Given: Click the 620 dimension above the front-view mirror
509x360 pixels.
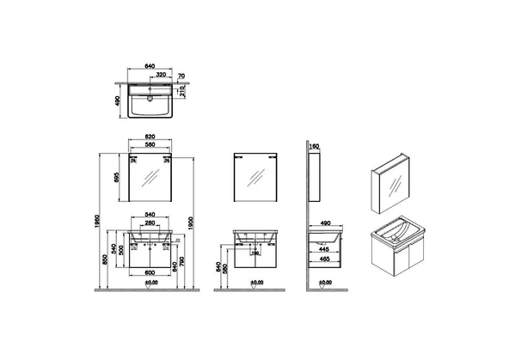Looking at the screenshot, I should pyautogui.click(x=151, y=137).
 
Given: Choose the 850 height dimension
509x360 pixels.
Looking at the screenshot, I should pyautogui.click(x=106, y=260).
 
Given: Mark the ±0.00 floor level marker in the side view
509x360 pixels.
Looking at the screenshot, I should pyautogui.click(x=325, y=283).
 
